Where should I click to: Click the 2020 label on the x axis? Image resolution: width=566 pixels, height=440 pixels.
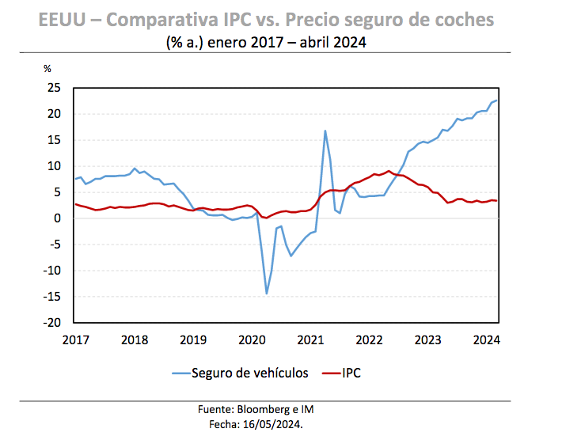point(252,339)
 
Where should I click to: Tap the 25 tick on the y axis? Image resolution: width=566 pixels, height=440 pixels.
point(55,88)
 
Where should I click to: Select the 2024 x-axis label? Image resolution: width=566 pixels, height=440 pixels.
point(487,339)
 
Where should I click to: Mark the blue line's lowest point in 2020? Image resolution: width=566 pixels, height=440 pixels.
point(267,294)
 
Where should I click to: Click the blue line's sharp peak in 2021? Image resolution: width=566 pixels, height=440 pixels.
point(325,131)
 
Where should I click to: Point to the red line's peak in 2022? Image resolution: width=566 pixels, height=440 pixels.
point(389,171)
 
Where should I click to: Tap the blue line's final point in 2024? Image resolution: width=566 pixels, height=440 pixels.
point(497,101)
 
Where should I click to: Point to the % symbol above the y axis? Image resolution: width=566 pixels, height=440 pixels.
point(47,69)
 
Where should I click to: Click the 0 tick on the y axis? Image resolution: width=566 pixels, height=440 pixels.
point(58,218)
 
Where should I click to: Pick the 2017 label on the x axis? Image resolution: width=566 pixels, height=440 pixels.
point(76,339)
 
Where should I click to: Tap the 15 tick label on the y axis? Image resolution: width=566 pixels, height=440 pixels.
point(55,140)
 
